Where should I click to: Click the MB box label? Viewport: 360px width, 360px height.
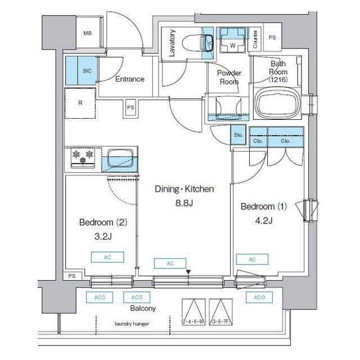88,33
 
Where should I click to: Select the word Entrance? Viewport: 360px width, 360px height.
130,79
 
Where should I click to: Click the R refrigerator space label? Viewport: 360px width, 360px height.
80,103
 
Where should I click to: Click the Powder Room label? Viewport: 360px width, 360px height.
229,77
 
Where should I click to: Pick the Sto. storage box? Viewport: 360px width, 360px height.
238,135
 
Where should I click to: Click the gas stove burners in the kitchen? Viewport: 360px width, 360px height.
84,157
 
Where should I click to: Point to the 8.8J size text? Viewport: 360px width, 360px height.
183,202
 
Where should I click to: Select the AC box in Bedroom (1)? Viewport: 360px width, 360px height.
251,259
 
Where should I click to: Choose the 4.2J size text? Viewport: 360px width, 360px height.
264,220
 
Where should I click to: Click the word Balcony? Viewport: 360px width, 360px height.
143,308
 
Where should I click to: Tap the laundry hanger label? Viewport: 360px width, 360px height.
132,324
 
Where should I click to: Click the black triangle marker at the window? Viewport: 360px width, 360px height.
188,273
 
